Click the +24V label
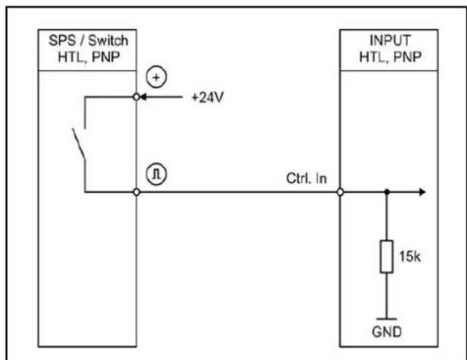point(207,97)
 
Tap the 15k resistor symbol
point(387,256)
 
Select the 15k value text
point(410,256)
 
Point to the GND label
point(387,332)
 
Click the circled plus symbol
point(156,77)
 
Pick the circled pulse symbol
point(156,174)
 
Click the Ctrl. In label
point(306,178)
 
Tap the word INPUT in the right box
point(390,41)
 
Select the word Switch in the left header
point(108,41)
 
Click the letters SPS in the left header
point(62,41)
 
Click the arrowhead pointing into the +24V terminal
point(143,97)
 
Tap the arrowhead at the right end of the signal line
point(422,192)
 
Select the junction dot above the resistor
point(387,192)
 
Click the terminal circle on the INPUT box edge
point(340,192)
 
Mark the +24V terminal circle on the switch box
point(136,97)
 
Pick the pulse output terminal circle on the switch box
point(136,192)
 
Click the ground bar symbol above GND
point(387,319)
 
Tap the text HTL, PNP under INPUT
point(390,57)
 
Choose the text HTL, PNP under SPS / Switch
point(89,57)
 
